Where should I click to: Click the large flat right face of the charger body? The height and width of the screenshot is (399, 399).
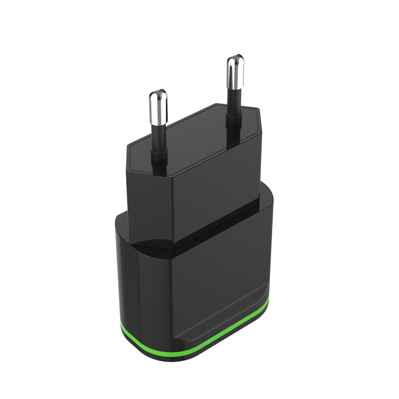click(x=218, y=279)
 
